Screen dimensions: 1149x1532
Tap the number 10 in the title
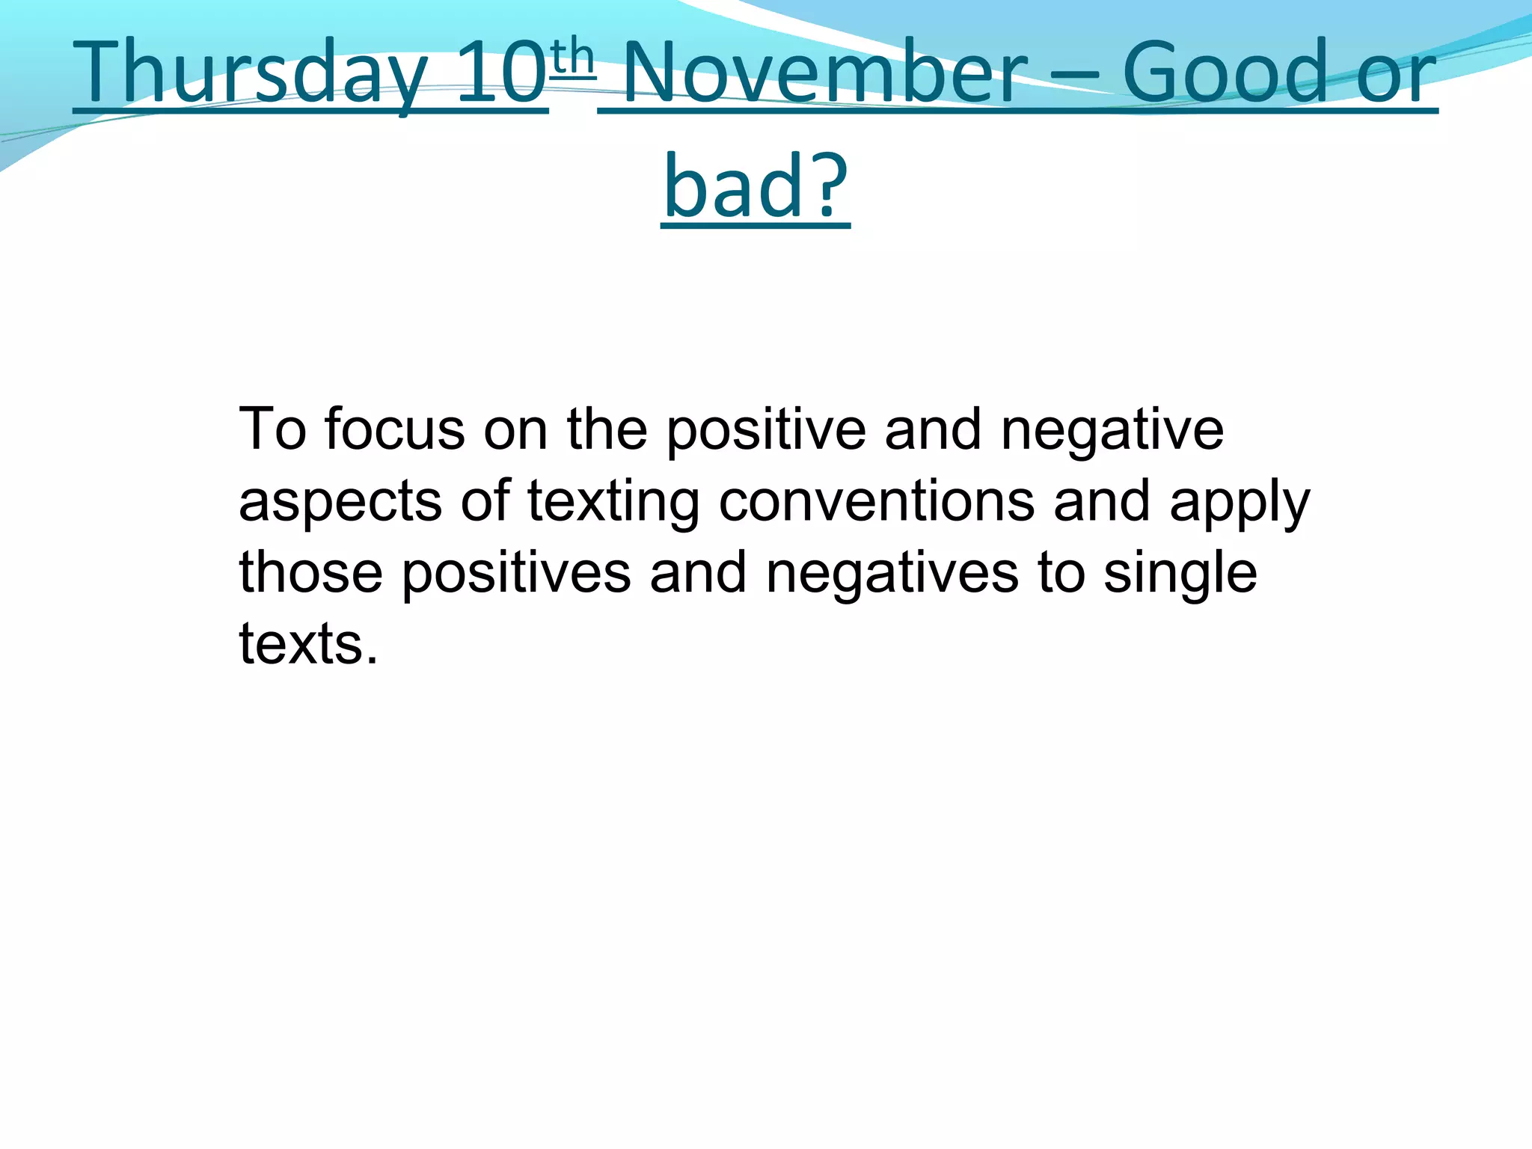point(501,73)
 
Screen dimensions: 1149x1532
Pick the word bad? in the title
point(756,186)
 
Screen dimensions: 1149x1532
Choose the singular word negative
point(1112,430)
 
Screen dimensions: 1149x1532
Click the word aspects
point(340,501)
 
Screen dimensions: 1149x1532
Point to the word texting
point(613,501)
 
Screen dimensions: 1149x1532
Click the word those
point(310,572)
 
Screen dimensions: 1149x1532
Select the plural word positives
point(516,573)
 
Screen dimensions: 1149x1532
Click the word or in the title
point(1396,73)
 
